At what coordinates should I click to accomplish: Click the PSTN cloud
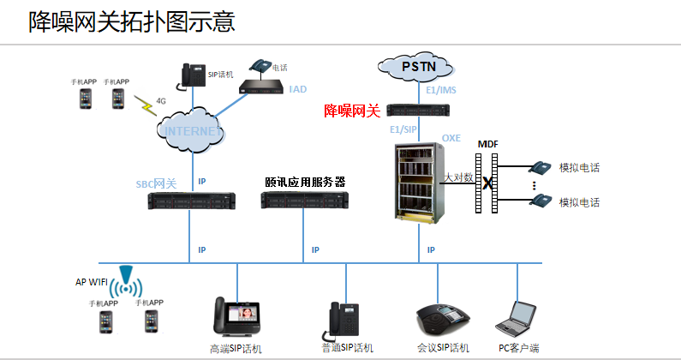click(417, 65)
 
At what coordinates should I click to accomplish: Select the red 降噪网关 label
click(351, 111)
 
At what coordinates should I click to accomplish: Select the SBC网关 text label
click(156, 184)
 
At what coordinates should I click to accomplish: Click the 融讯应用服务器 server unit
click(304, 201)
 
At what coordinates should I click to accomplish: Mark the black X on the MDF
click(487, 183)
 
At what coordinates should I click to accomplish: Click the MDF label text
click(487, 142)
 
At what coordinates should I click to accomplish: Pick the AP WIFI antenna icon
click(128, 282)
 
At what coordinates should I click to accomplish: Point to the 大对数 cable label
click(459, 177)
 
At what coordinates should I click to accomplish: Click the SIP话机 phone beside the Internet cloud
click(194, 75)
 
